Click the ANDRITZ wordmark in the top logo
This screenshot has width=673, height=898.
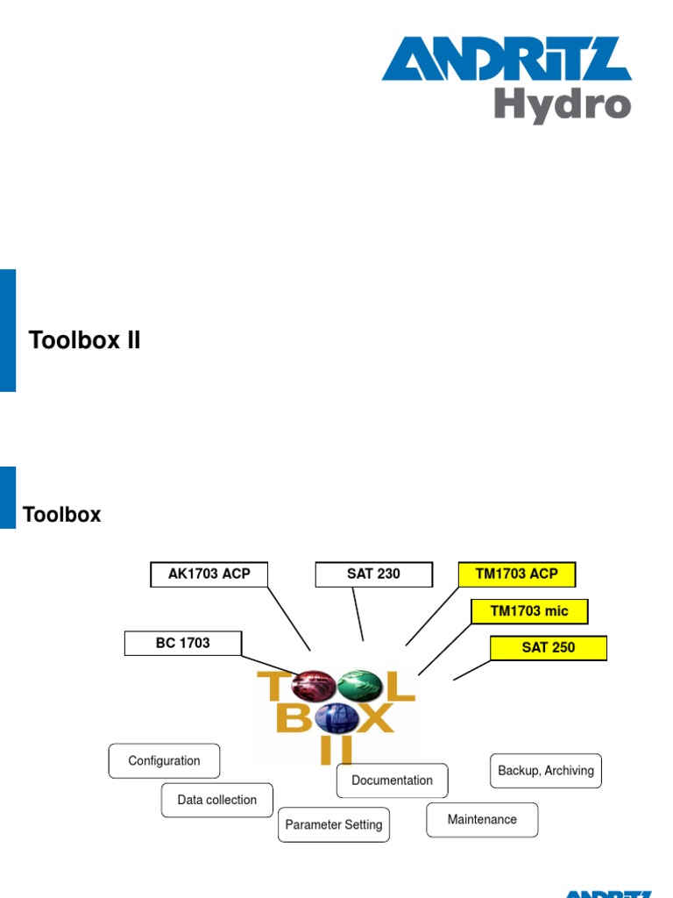507,59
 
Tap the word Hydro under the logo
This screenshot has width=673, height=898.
563,105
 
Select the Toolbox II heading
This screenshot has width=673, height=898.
85,339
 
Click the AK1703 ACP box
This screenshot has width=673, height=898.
209,574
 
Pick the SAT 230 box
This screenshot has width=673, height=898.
373,574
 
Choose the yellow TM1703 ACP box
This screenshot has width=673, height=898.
517,574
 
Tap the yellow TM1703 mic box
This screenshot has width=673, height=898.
529,611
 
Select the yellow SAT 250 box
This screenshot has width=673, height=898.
549,648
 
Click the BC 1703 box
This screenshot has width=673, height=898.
183,643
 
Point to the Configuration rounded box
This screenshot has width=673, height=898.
164,760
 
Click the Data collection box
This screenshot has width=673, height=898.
217,800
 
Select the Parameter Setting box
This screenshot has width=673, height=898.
334,824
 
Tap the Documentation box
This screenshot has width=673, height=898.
392,780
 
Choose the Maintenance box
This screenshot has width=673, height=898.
482,820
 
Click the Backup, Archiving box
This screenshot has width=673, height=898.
546,771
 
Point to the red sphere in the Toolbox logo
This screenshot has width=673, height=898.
313,686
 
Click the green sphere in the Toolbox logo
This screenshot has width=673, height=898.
359,685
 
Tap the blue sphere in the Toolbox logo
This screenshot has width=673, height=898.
336,718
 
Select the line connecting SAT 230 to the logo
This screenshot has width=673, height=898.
358,614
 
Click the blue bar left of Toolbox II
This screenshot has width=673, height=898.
7,331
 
